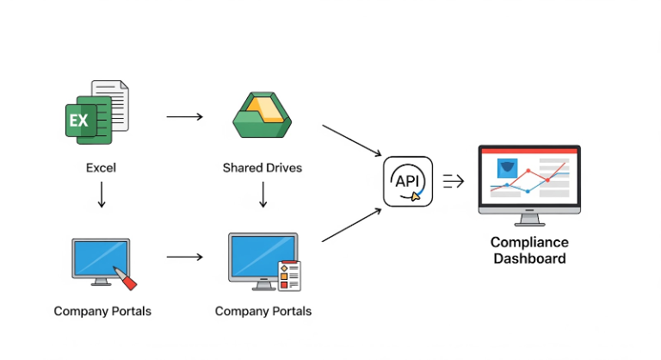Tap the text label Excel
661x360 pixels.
[101, 168]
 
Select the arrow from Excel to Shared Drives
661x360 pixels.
[184, 116]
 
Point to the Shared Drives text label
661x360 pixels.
[263, 168]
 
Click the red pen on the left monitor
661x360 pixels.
[126, 277]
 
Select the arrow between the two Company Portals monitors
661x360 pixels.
[184, 257]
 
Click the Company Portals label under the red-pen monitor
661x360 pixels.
[102, 311]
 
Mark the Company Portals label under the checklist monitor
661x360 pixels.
[263, 311]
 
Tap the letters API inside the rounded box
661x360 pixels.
[406, 181]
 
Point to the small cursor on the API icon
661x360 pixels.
[417, 196]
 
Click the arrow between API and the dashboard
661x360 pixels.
[454, 181]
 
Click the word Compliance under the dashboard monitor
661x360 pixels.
[528, 242]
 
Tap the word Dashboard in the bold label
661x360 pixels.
[528, 258]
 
